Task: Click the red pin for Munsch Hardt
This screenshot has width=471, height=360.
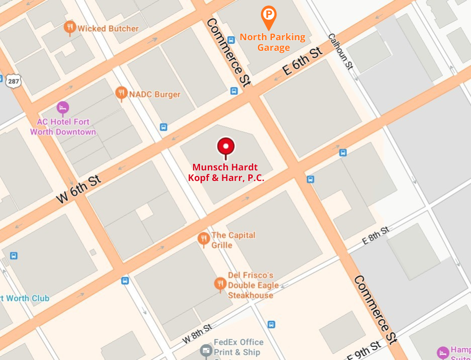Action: click(x=226, y=147)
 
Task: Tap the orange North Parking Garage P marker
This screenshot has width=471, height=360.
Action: click(x=269, y=15)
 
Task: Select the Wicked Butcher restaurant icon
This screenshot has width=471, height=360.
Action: click(x=70, y=28)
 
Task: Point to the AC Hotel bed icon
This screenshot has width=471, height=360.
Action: click(x=62, y=107)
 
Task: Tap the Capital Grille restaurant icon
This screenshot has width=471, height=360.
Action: click(x=204, y=239)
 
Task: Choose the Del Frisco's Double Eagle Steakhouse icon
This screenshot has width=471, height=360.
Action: click(x=220, y=284)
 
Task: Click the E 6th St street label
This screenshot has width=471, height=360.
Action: click(x=302, y=62)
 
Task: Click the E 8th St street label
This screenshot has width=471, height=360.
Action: click(x=375, y=235)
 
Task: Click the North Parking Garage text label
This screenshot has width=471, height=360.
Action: click(x=273, y=42)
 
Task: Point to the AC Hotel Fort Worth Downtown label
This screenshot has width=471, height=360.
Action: click(x=63, y=127)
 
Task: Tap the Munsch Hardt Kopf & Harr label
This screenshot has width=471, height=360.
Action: click(x=226, y=172)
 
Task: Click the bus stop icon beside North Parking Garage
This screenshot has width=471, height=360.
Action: click(x=231, y=40)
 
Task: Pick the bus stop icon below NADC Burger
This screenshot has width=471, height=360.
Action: click(x=163, y=127)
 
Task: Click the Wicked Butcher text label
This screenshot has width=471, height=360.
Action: click(x=108, y=29)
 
